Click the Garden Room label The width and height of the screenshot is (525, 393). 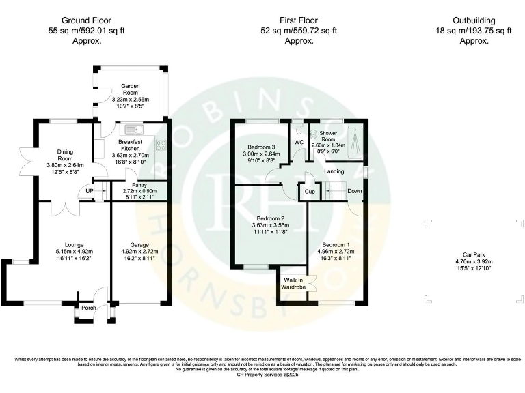pyautogui.click(x=130, y=90)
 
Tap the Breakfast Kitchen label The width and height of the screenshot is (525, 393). pyautogui.click(x=130, y=145)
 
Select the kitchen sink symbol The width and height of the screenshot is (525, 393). pyautogui.click(x=131, y=129)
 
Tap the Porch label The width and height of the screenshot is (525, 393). pyautogui.click(x=89, y=308)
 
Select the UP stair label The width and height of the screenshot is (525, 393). pyautogui.click(x=90, y=191)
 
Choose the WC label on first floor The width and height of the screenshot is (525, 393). pyautogui.click(x=299, y=141)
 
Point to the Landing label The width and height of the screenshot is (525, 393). pyautogui.click(x=334, y=171)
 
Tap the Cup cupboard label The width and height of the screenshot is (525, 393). pyautogui.click(x=309, y=192)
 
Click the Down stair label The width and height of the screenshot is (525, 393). pyautogui.click(x=354, y=191)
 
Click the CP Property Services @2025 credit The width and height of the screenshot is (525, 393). pyautogui.click(x=262, y=375)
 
